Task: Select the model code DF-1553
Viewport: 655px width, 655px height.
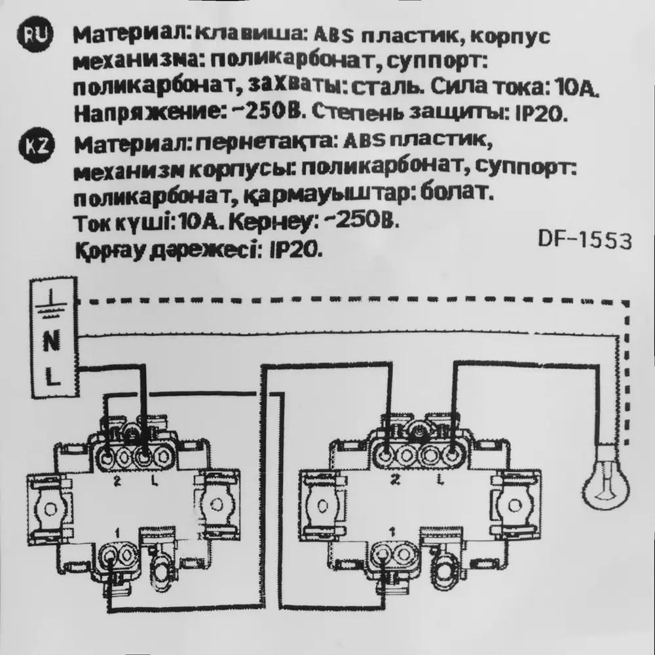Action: pos(584,241)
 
